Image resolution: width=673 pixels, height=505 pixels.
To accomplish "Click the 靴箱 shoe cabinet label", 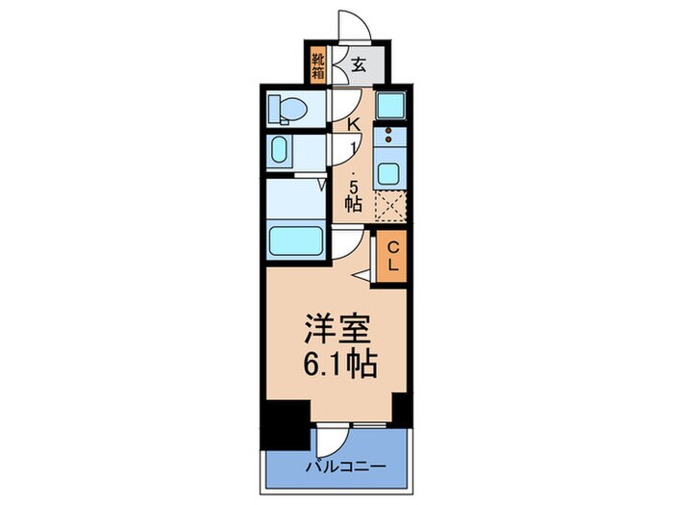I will (x=318, y=64).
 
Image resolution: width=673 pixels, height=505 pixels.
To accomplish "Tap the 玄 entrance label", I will (x=357, y=65).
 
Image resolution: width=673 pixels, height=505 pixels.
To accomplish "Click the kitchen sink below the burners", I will (x=390, y=173).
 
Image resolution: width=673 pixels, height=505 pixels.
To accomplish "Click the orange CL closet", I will (x=392, y=257).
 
